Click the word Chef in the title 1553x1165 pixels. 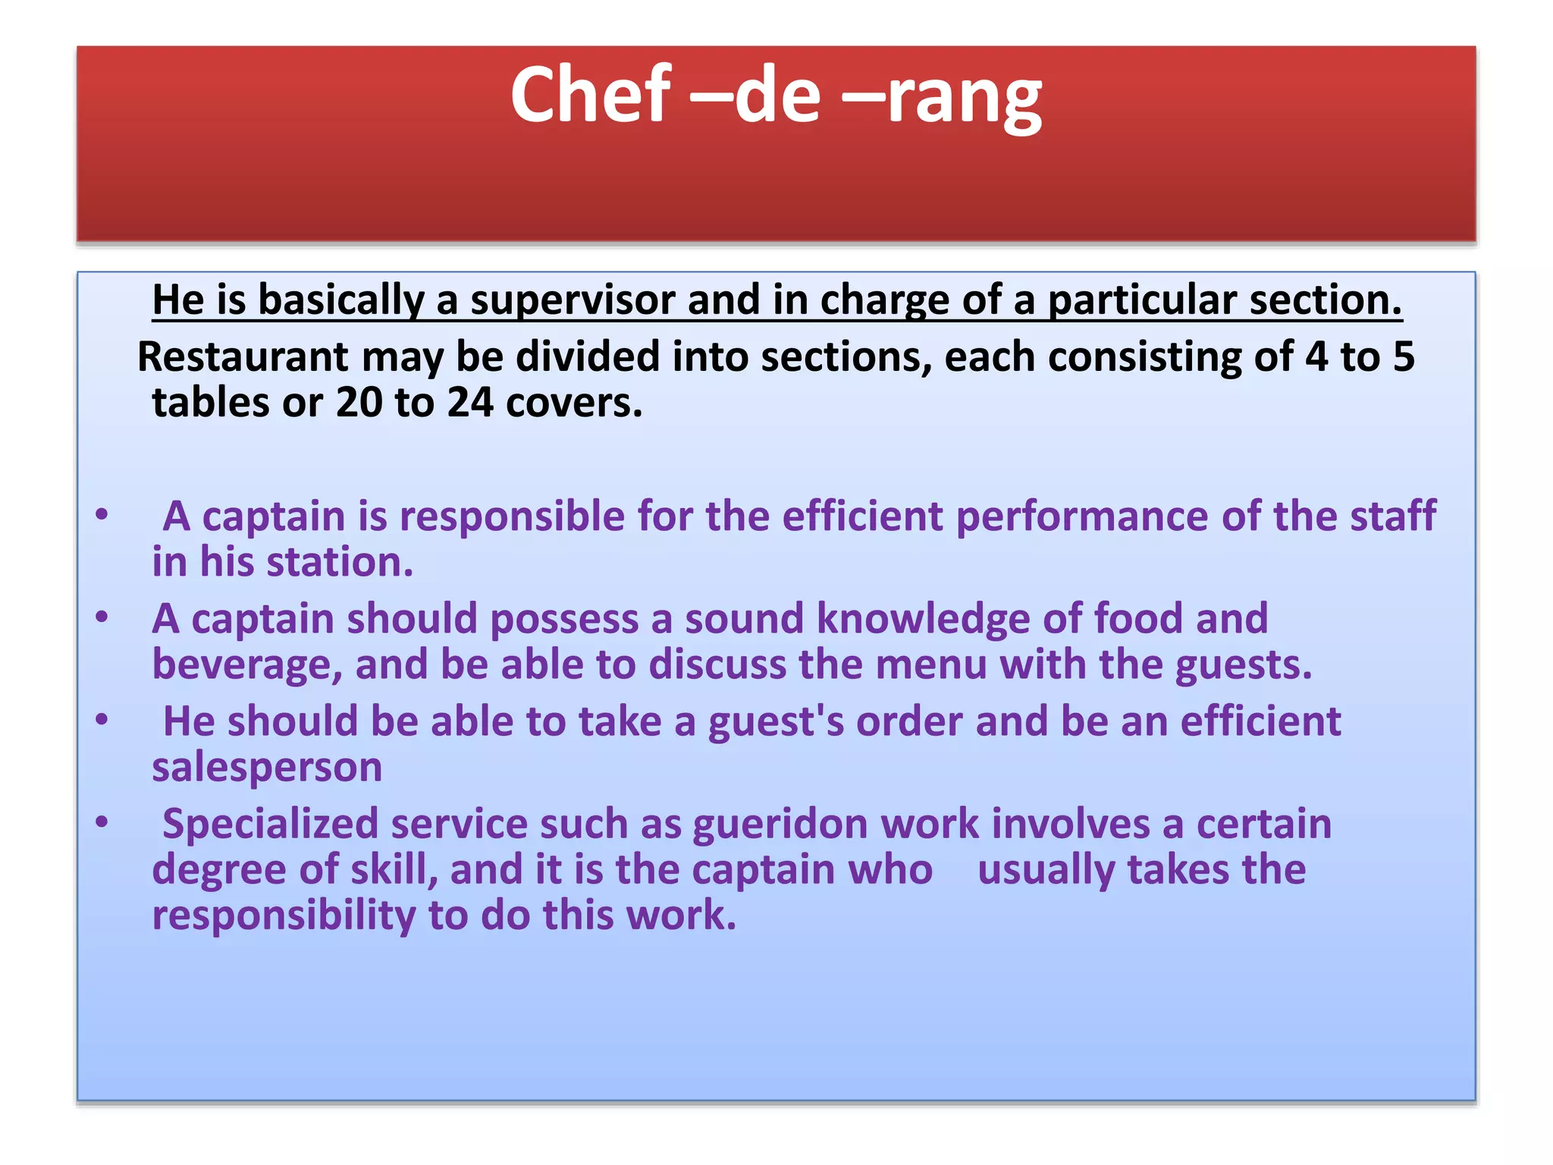(x=591, y=94)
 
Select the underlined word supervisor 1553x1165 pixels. (x=573, y=300)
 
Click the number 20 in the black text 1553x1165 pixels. (x=359, y=402)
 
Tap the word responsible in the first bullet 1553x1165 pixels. (x=512, y=517)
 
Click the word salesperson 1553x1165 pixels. (x=267, y=768)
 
